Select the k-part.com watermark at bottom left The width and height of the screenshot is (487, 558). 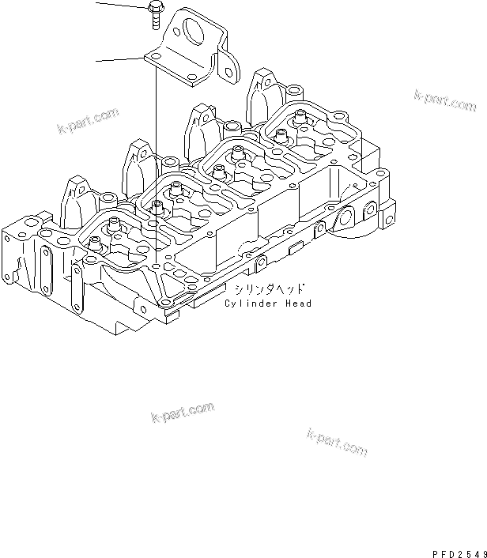click(182, 413)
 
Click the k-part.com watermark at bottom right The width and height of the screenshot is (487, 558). click(336, 443)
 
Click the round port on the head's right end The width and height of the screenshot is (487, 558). click(346, 217)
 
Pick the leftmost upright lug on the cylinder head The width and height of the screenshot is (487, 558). click(74, 202)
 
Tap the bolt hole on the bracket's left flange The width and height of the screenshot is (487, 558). click(157, 56)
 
